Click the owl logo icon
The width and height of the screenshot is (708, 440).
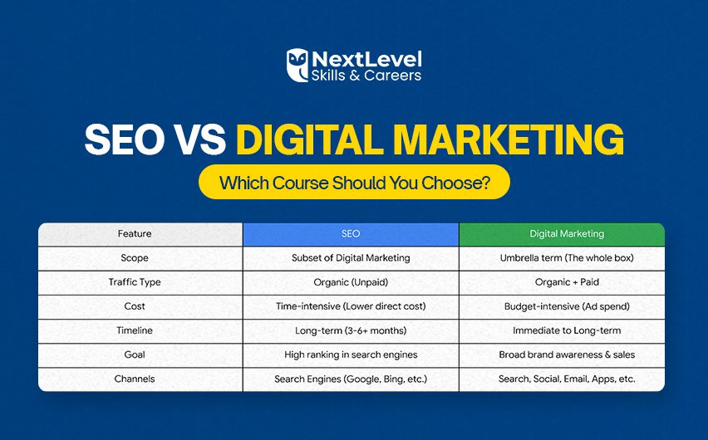point(297,66)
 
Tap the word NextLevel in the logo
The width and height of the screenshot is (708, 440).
point(366,59)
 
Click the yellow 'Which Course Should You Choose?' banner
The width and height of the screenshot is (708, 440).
point(354,183)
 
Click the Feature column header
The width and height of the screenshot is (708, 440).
point(134,234)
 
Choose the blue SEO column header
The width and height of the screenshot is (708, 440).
point(351,234)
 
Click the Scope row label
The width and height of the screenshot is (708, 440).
point(134,258)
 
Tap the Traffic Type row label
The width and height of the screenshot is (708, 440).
point(134,282)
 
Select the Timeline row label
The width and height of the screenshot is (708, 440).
point(134,330)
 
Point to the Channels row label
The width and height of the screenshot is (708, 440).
point(134,379)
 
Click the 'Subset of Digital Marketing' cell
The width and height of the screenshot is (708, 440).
point(351,258)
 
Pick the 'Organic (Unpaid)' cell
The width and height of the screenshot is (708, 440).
point(351,282)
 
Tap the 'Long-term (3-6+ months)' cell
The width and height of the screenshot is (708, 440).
point(351,330)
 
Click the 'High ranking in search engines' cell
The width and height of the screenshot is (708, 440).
point(351,354)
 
